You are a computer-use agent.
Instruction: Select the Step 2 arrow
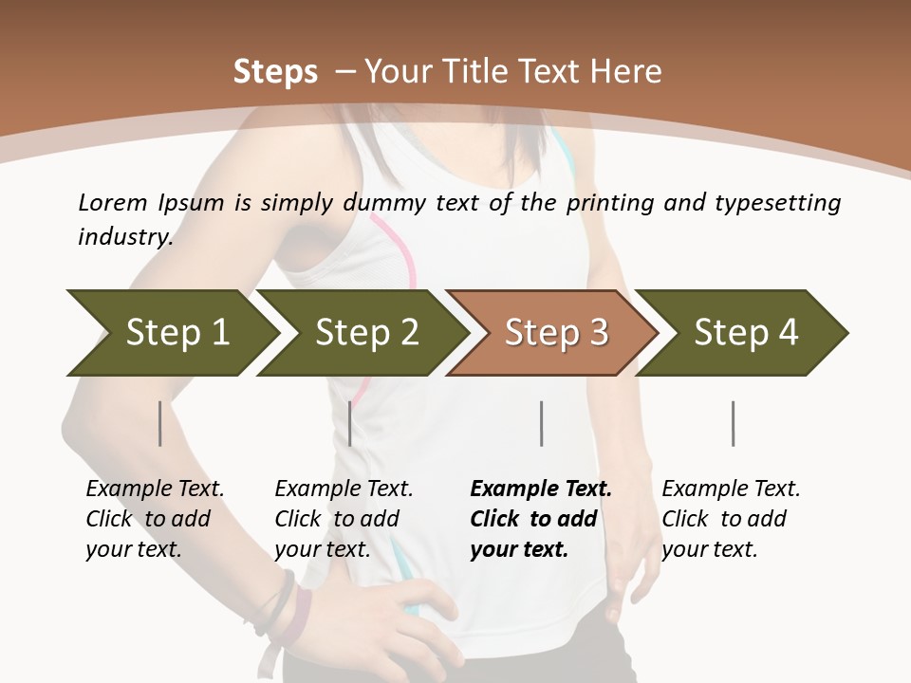pyautogui.click(x=366, y=333)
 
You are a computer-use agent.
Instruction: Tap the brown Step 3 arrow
pyautogui.click(x=556, y=333)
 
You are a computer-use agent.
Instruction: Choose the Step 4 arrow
pyautogui.click(x=746, y=333)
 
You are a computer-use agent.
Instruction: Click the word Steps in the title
pyautogui.click(x=275, y=72)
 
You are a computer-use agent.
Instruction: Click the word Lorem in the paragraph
pyautogui.click(x=113, y=203)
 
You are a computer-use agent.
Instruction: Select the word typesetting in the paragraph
pyautogui.click(x=777, y=203)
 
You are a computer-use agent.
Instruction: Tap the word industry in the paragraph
pyautogui.click(x=124, y=237)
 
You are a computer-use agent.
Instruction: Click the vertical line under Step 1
pyautogui.click(x=160, y=423)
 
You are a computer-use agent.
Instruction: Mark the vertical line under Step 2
pyautogui.click(x=350, y=423)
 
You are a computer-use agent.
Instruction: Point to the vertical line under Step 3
pyautogui.click(x=542, y=423)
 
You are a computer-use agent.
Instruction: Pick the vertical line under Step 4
pyautogui.click(x=734, y=423)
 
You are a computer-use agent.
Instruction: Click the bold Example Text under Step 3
pyautogui.click(x=541, y=489)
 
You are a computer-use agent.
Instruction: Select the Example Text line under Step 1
pyautogui.click(x=155, y=489)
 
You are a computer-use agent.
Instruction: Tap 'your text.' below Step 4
pyautogui.click(x=709, y=549)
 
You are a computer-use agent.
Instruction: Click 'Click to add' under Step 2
pyautogui.click(x=337, y=519)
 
